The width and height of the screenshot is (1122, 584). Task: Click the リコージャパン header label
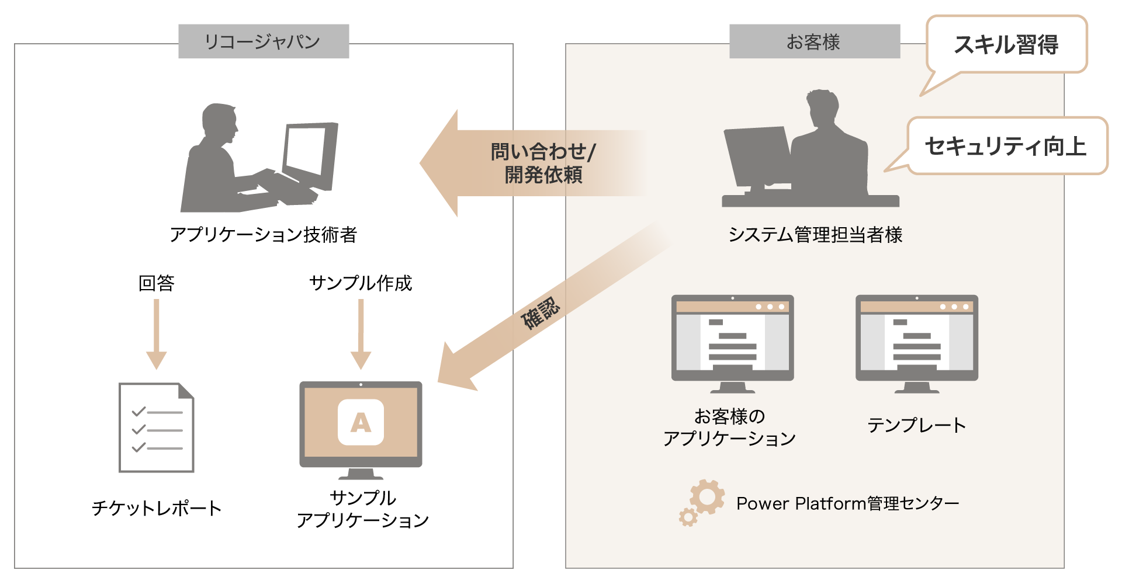tap(263, 41)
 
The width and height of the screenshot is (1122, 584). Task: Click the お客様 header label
tap(814, 41)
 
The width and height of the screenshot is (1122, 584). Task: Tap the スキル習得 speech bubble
tap(1006, 45)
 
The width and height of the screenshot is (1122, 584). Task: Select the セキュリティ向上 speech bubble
tap(1006, 146)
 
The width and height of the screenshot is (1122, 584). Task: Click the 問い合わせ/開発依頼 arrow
tap(526, 164)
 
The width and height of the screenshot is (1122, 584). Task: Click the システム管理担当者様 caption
tap(815, 235)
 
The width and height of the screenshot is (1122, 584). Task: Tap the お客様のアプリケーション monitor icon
tap(732, 342)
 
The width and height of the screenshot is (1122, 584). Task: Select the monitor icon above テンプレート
tap(916, 342)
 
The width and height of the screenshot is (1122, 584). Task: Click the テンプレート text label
tap(916, 425)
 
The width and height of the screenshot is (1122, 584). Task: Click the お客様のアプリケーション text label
tap(729, 427)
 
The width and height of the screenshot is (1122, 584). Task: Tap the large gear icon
tap(707, 497)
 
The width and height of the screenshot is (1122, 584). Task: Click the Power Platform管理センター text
tap(847, 503)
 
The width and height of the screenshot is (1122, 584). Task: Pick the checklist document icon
tap(156, 427)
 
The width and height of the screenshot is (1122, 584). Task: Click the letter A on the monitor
tap(361, 422)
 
